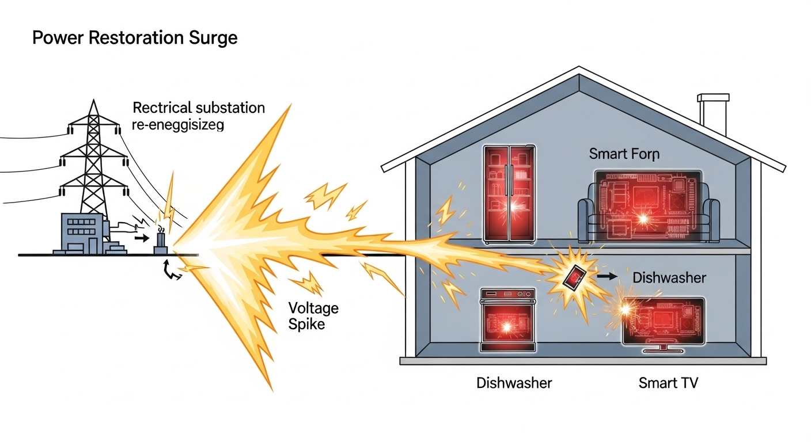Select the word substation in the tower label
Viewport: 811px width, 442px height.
pos(230,108)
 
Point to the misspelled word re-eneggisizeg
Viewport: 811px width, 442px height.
pos(178,125)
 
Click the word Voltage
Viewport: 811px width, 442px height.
pos(313,308)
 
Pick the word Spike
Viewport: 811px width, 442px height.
pos(306,324)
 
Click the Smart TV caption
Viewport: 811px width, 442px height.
pos(668,383)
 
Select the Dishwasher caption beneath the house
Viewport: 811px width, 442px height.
pos(514,383)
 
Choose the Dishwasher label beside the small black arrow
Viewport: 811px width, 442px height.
pos(669,277)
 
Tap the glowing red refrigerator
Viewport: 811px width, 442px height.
pos(509,193)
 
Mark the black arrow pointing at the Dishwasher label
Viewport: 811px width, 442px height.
pos(607,277)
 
